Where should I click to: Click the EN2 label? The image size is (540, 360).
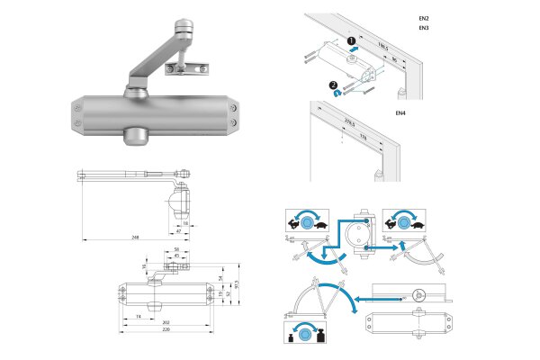(x=424, y=18)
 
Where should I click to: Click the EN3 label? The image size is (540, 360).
(x=424, y=29)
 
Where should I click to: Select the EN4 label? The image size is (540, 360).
(x=401, y=112)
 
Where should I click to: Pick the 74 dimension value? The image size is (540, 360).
(x=138, y=318)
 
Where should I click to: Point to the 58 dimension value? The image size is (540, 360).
(x=177, y=250)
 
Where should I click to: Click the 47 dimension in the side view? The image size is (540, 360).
(x=179, y=231)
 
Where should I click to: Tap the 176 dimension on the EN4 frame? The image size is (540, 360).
(x=364, y=138)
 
